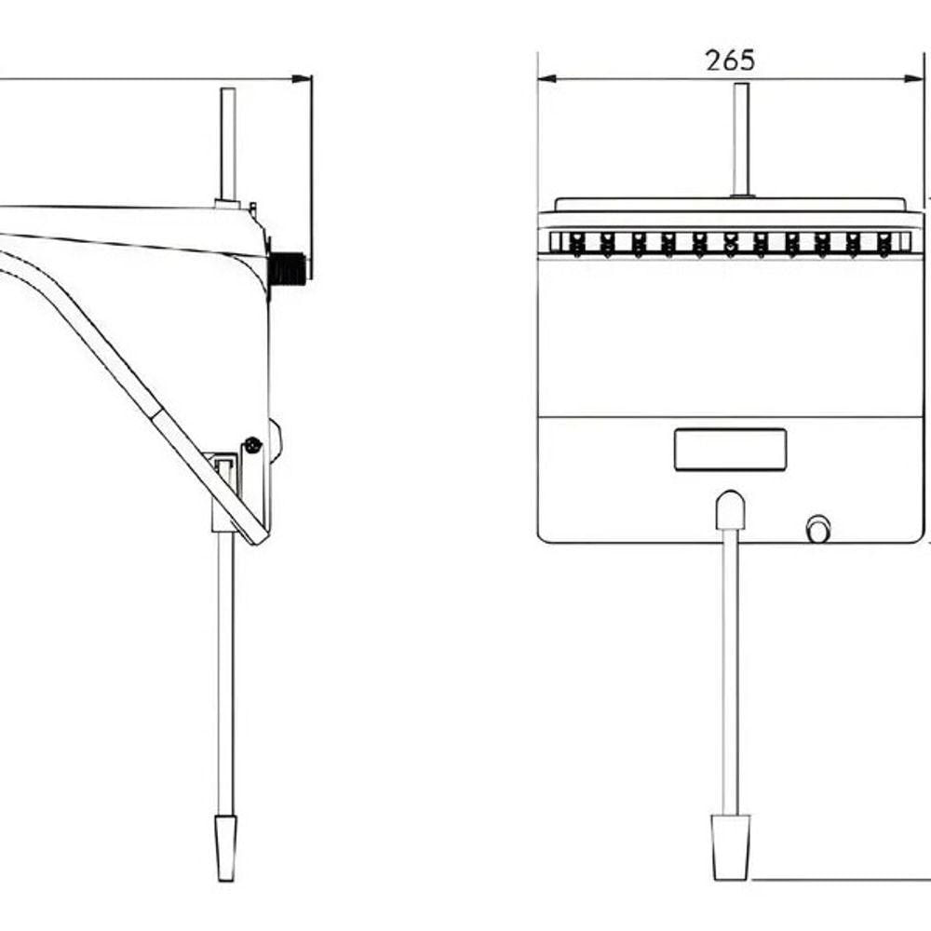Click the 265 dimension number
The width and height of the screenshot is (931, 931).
coord(730,60)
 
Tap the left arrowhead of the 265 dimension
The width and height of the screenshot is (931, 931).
coord(546,78)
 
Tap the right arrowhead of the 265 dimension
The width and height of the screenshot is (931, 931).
coord(914,78)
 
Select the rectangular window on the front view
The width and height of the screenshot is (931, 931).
coord(730,450)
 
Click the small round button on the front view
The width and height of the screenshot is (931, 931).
coord(818,529)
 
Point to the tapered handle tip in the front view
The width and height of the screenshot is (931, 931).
coord(730,847)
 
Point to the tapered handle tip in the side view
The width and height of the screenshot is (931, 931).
coord(225,847)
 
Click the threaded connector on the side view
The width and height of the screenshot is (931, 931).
coord(288,268)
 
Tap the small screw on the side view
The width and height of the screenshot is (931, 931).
coord(253,445)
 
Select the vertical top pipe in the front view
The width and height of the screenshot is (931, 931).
coord(741,140)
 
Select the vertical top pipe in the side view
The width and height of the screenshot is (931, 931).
coord(228,145)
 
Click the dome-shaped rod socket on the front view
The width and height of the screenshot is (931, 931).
coord(730,510)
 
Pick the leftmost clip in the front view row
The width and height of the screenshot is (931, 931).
coord(576,244)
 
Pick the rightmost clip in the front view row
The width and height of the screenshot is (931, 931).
coord(884,244)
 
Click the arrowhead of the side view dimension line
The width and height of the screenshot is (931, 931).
coord(302,79)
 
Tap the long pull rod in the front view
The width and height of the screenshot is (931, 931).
coord(730,672)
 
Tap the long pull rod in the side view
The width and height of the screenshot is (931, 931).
coord(225,674)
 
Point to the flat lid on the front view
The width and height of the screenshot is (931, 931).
coord(730,204)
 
